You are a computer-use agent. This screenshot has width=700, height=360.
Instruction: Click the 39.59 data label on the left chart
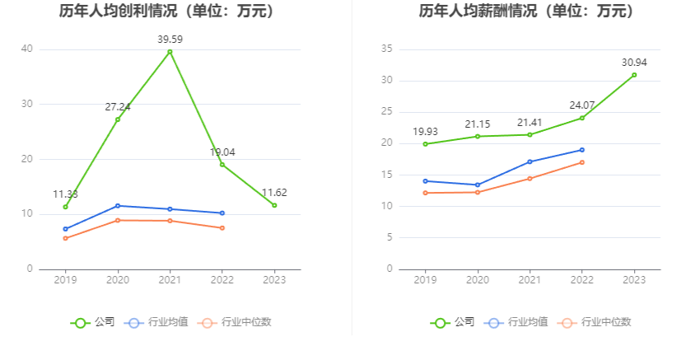[x=170, y=39]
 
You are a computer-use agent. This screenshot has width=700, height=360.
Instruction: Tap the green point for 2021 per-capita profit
[x=170, y=52]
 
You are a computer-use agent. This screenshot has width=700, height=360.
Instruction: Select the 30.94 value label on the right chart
[x=634, y=62]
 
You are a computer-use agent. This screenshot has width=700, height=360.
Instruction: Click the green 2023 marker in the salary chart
[x=634, y=75]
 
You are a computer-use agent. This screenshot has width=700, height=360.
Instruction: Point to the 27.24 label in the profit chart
[x=118, y=107]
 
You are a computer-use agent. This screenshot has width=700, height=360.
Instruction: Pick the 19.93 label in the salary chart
[x=425, y=131]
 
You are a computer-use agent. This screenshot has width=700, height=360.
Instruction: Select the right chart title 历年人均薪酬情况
[x=526, y=12]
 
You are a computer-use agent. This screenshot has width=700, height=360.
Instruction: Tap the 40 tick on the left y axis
[x=27, y=49]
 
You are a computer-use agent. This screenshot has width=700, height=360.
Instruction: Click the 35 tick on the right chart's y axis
[x=386, y=49]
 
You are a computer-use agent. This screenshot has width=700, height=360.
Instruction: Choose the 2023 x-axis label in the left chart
[x=274, y=280]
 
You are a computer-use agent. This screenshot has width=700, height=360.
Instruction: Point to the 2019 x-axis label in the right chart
[x=425, y=280]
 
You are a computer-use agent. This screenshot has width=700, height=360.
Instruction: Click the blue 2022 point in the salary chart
[x=581, y=150]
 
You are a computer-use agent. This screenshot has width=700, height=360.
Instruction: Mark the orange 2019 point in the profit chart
[x=65, y=238]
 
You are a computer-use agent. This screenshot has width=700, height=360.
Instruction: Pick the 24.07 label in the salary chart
[x=581, y=105]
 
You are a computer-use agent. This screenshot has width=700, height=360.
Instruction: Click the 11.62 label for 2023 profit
[x=274, y=193]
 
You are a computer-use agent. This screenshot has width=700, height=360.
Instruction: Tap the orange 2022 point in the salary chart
[x=581, y=162]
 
